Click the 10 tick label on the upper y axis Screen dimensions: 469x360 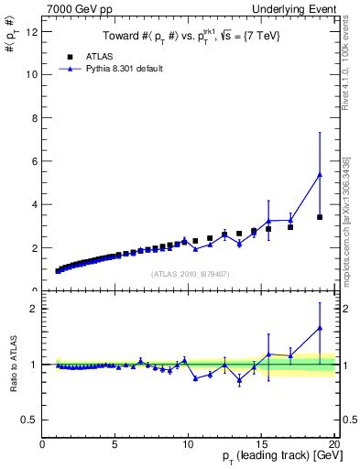(34, 74)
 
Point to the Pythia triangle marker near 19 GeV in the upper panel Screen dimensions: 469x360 (320, 174)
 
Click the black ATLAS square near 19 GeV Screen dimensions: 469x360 (320, 217)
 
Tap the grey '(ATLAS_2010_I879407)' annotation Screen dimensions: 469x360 (190, 274)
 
